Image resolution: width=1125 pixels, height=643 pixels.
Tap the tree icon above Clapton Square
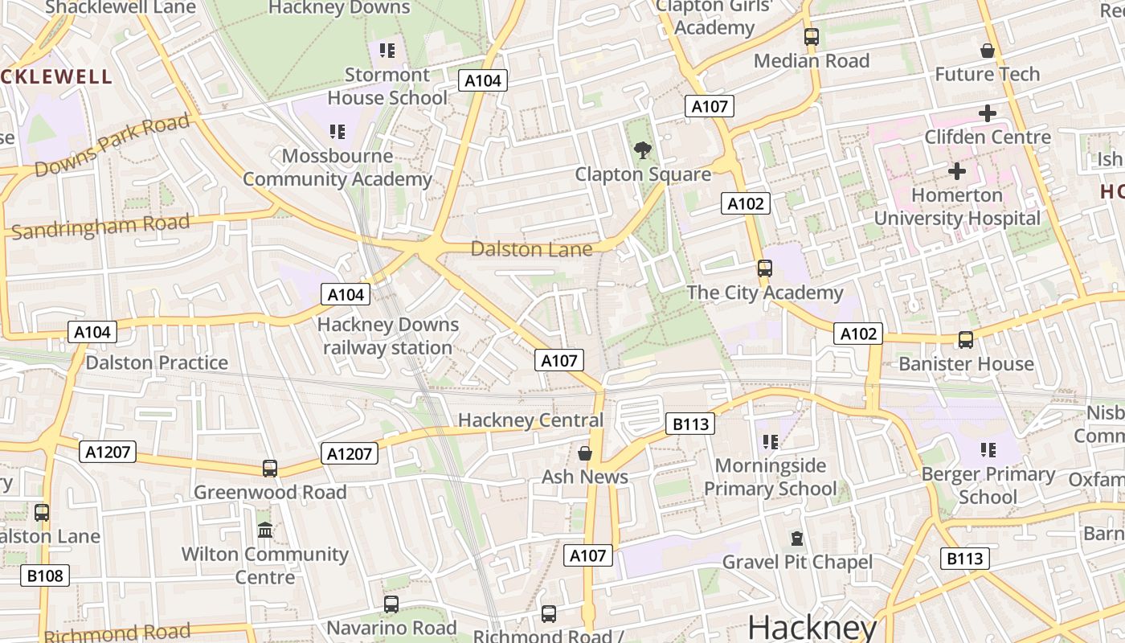tap(642, 149)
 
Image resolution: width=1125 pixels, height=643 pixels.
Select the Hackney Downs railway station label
tap(387, 336)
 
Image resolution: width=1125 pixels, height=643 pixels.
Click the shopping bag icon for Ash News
tap(585, 453)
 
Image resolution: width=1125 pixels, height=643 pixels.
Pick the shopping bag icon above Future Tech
tap(988, 51)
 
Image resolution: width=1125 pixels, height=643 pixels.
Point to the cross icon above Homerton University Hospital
tap(956, 171)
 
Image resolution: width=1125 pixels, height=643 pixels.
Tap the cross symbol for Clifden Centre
tap(988, 113)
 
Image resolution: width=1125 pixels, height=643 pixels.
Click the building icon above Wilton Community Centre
tap(265, 530)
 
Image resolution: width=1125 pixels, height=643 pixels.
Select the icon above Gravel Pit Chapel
tap(797, 539)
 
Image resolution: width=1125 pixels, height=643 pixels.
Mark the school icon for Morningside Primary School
tap(771, 442)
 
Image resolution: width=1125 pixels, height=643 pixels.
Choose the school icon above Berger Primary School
tap(988, 450)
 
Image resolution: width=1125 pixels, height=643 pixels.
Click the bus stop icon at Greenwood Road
tap(270, 469)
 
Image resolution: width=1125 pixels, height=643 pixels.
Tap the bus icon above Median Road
tap(812, 37)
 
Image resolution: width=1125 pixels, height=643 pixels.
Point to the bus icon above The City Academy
tap(765, 268)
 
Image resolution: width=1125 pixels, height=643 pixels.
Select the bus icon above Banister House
tap(966, 340)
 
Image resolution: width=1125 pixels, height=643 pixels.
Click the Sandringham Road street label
tap(100, 227)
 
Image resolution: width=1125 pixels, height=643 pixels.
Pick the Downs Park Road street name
tap(112, 145)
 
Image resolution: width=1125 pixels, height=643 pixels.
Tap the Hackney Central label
tap(530, 420)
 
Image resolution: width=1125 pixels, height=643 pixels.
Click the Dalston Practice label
tap(157, 362)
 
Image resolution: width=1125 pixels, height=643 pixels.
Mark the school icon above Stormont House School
tap(387, 51)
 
